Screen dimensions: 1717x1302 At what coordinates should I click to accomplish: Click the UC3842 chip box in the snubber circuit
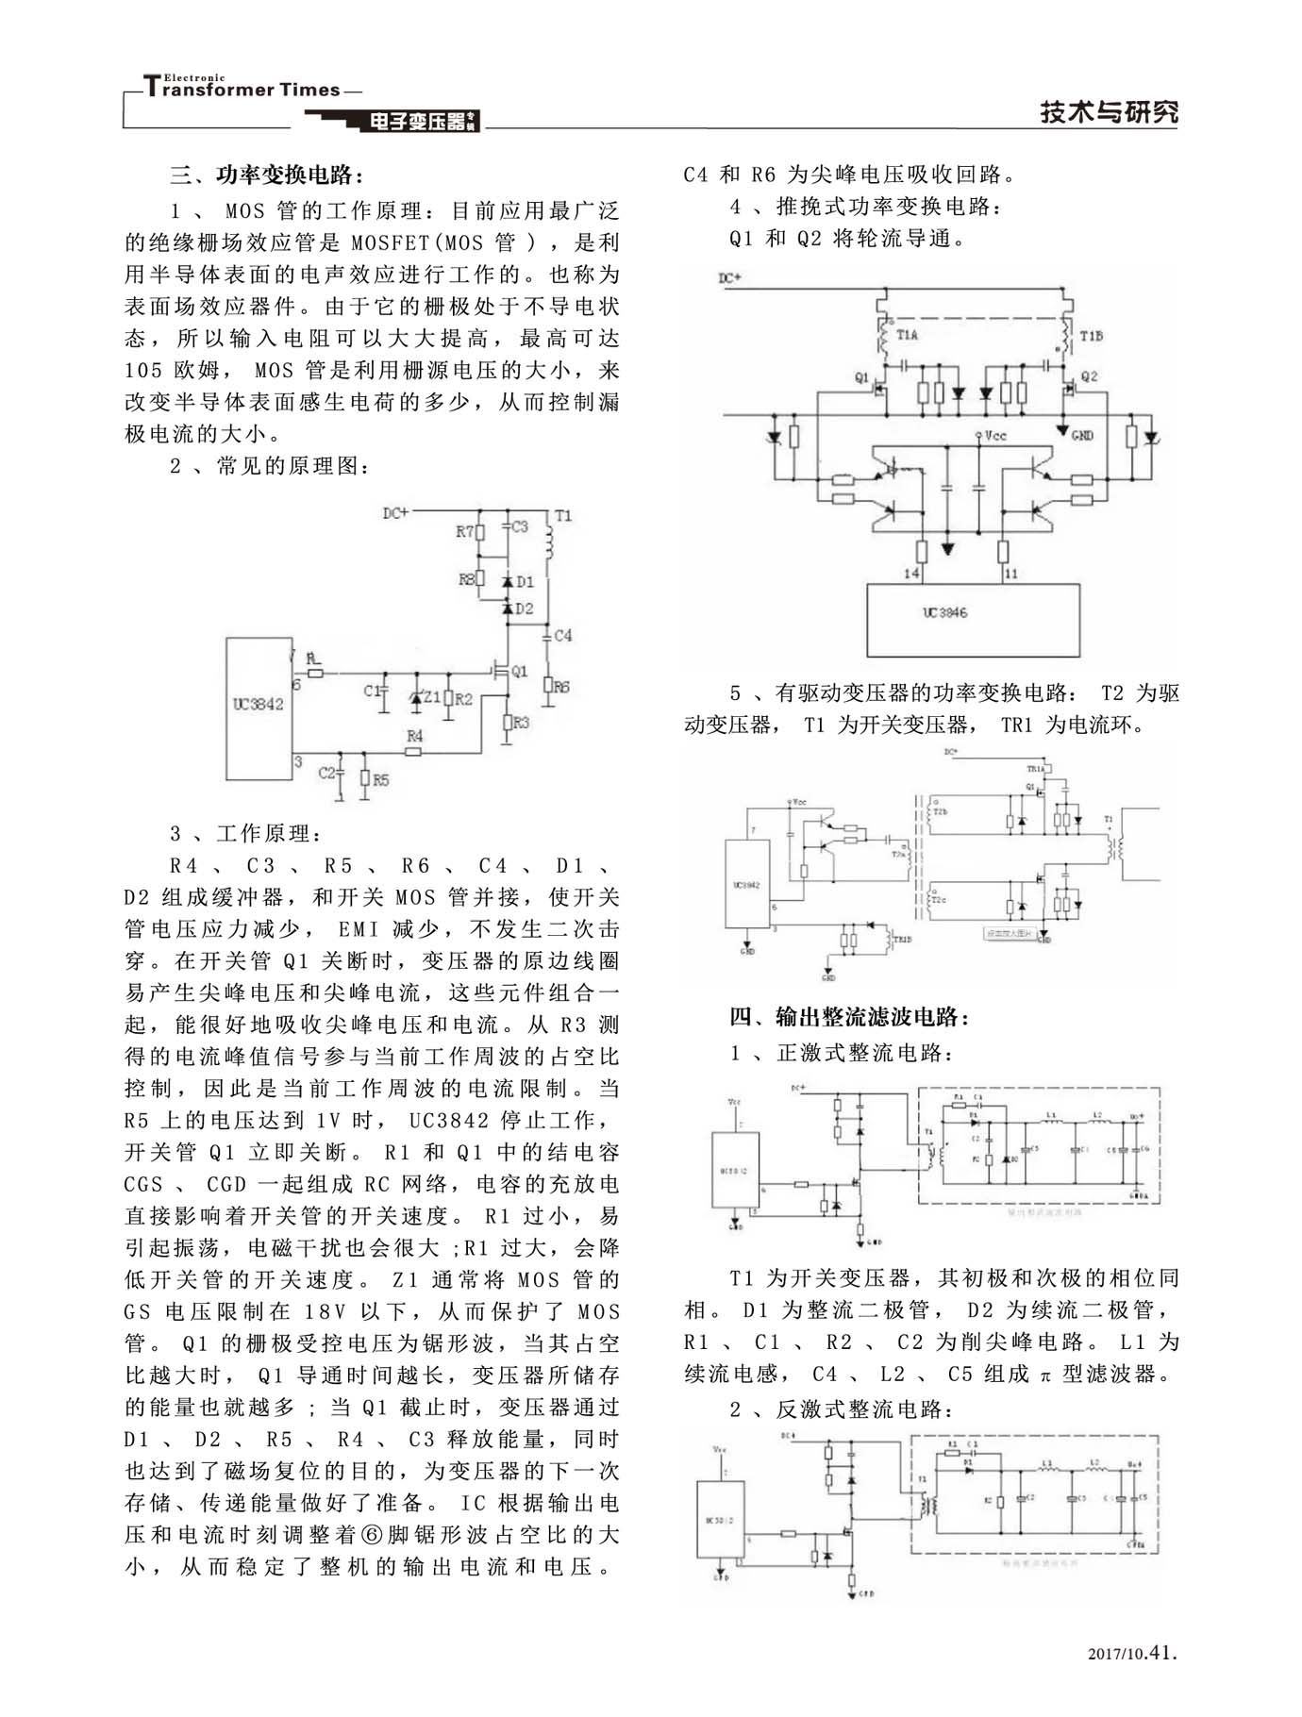pyautogui.click(x=258, y=708)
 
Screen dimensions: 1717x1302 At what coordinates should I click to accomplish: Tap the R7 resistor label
pyautogui.click(x=464, y=532)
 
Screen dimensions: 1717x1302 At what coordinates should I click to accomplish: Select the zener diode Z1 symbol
pyautogui.click(x=415, y=699)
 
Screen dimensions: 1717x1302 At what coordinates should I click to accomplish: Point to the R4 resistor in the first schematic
pyautogui.click(x=413, y=751)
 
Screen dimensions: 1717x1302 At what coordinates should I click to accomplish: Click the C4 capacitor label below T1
pyautogui.click(x=562, y=636)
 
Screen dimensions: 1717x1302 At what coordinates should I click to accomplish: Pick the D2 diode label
pyautogui.click(x=525, y=608)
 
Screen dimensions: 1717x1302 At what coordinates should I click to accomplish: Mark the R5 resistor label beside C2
pyautogui.click(x=380, y=780)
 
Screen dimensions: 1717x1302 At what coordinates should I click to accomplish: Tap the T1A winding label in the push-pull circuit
pyautogui.click(x=907, y=335)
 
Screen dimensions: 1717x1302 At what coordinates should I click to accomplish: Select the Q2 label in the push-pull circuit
pyautogui.click(x=1089, y=376)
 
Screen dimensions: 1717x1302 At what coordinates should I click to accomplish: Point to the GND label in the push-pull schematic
pyautogui.click(x=1082, y=435)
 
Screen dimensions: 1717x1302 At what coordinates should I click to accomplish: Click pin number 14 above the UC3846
pyautogui.click(x=911, y=573)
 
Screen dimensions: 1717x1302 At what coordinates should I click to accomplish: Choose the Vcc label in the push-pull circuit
pyautogui.click(x=995, y=436)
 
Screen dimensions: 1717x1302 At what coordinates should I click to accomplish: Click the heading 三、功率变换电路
pyautogui.click(x=267, y=175)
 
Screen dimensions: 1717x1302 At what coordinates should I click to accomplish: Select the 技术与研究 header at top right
pyautogui.click(x=1109, y=112)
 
